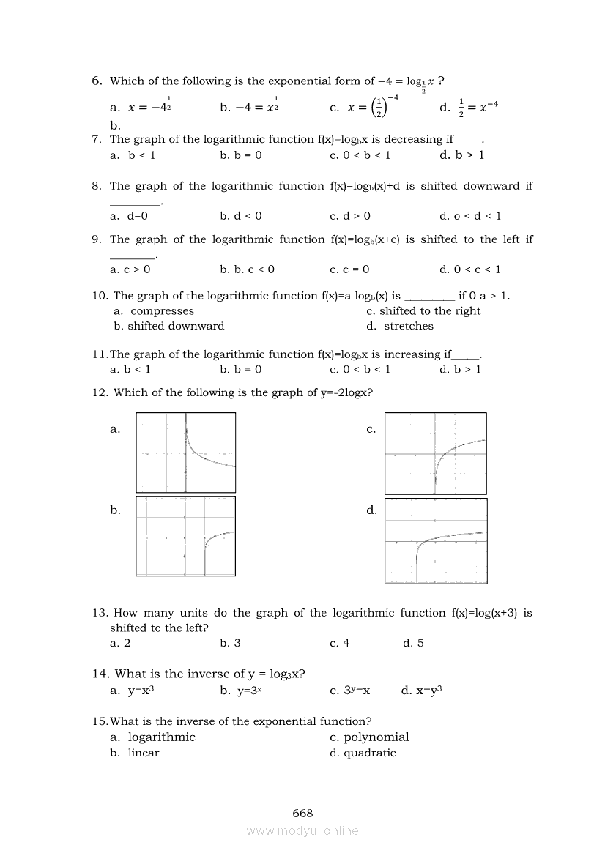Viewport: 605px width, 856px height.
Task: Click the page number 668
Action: tap(302, 813)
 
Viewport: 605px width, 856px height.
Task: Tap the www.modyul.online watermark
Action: tap(302, 830)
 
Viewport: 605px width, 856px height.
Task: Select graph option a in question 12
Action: tap(186, 453)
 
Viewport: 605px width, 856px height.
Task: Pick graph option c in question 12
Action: tap(436, 453)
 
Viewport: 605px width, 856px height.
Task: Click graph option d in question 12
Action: tap(436, 540)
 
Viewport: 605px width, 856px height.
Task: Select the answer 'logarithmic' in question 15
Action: tap(161, 737)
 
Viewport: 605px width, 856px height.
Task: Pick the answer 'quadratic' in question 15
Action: tap(370, 753)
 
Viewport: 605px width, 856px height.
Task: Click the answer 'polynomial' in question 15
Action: tap(376, 737)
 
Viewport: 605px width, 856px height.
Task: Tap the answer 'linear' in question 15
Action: tap(144, 753)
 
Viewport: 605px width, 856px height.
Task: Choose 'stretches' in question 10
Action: tap(409, 326)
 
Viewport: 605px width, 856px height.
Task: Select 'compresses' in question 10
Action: tap(162, 311)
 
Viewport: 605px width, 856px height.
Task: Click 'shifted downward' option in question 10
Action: tap(176, 326)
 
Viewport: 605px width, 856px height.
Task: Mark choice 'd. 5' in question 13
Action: tap(413, 643)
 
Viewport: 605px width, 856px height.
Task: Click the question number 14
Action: tap(100, 674)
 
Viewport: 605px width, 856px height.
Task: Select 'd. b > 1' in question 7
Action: tap(461, 155)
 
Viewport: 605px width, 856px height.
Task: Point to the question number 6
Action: tap(97, 81)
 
